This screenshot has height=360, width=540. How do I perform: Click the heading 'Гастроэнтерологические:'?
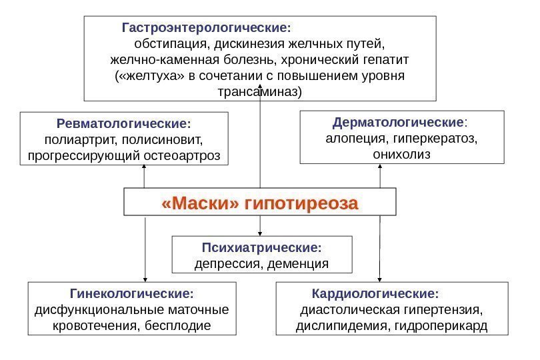tap(207, 29)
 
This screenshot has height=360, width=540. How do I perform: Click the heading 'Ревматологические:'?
tap(124, 124)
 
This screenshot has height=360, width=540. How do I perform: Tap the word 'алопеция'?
tap(349, 139)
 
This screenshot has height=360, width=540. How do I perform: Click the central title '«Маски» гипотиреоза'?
tap(260, 203)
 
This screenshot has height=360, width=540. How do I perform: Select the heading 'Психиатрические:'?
tap(261, 248)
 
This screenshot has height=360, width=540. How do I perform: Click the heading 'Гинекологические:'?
tap(132, 293)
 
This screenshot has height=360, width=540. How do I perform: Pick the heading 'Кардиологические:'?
tap(376, 293)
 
